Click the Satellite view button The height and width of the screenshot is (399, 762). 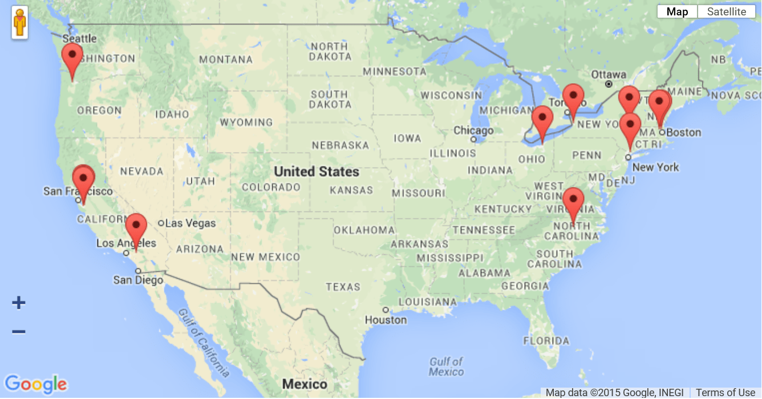[726, 12]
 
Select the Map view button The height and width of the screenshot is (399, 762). [677, 12]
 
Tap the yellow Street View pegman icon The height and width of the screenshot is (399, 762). [20, 23]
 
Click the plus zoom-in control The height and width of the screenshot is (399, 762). [19, 303]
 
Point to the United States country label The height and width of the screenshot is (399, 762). [317, 172]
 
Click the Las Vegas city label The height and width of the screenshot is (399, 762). [190, 223]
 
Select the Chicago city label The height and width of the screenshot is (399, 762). [473, 131]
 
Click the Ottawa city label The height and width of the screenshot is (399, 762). [609, 75]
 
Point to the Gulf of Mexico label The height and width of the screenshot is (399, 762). [446, 367]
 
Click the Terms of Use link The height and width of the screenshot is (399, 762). [725, 393]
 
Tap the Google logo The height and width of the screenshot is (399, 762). [35, 384]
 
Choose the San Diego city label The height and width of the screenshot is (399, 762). [138, 280]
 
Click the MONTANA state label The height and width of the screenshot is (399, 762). [226, 59]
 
